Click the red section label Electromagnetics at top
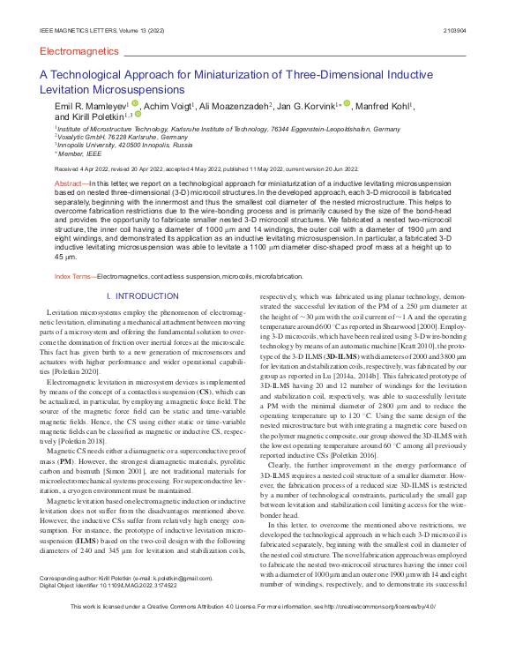pos(79,51)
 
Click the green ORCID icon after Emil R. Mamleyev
pos(135,103)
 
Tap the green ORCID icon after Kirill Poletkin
pos(138,114)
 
